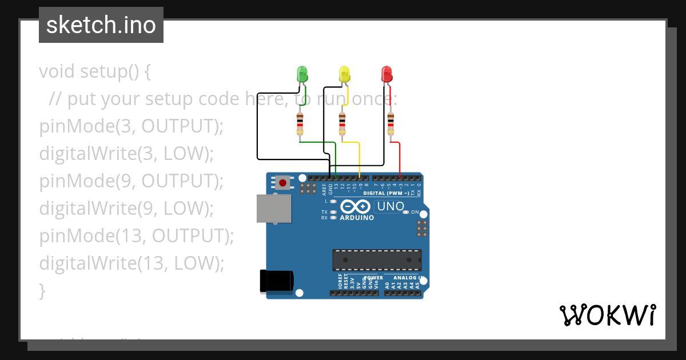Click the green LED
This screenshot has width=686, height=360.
(302, 74)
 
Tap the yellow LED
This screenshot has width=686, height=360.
(344, 74)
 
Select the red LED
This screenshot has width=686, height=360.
(387, 74)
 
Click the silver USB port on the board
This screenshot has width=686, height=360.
(273, 208)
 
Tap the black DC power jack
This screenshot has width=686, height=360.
(277, 280)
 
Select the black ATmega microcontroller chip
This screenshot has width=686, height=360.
(377, 260)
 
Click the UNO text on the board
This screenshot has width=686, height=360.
(390, 206)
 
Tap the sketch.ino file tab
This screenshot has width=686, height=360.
(101, 25)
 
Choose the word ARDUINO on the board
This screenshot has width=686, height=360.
(357, 218)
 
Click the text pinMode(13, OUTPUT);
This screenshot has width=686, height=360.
(137, 235)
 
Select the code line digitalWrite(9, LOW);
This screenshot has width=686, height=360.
(126, 208)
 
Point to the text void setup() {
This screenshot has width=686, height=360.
(95, 71)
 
